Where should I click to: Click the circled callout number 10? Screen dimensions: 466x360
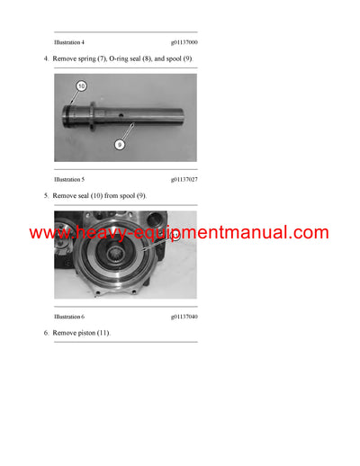pyautogui.click(x=80, y=86)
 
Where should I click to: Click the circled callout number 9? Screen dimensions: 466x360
pyautogui.click(x=120, y=144)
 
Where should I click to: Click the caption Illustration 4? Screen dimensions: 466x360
pyautogui.click(x=69, y=42)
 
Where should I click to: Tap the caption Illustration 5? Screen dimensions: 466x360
pyautogui.click(x=69, y=180)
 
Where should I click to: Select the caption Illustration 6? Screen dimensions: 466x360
pyautogui.click(x=69, y=318)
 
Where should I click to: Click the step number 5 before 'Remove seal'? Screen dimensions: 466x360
pyautogui.click(x=46, y=196)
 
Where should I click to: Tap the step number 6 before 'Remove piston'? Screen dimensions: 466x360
pyautogui.click(x=46, y=334)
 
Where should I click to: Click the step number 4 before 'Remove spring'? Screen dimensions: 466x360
pyautogui.click(x=46, y=59)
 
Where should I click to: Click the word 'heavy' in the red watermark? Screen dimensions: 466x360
pyautogui.click(x=94, y=233)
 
